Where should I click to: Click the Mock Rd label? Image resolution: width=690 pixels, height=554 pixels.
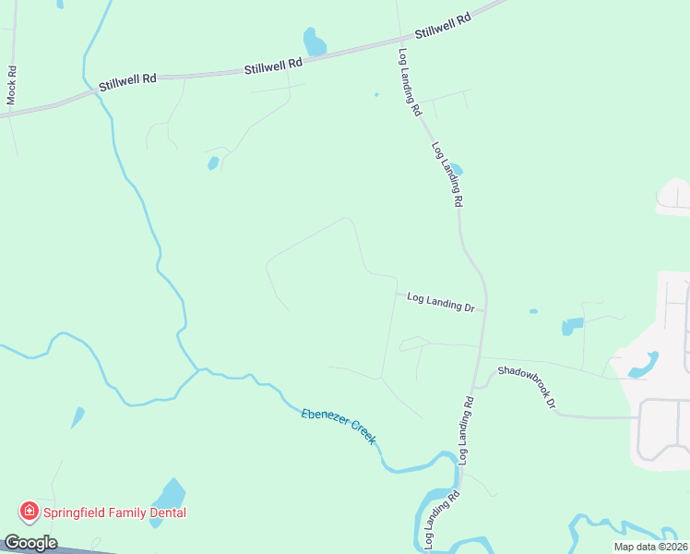tap(12, 90)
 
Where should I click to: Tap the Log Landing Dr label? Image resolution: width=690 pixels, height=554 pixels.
tap(440, 301)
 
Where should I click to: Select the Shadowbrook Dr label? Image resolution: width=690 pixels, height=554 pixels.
tap(527, 387)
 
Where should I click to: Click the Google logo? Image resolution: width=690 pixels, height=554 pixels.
tap(30, 543)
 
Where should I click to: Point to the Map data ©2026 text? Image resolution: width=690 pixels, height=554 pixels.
tap(650, 547)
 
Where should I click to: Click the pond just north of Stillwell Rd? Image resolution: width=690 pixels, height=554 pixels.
tap(315, 42)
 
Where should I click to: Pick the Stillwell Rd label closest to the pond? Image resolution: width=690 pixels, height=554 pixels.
tap(273, 66)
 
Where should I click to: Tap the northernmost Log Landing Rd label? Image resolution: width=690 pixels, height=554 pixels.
tap(410, 81)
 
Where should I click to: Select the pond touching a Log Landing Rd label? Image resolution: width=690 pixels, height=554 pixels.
tap(455, 170)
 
